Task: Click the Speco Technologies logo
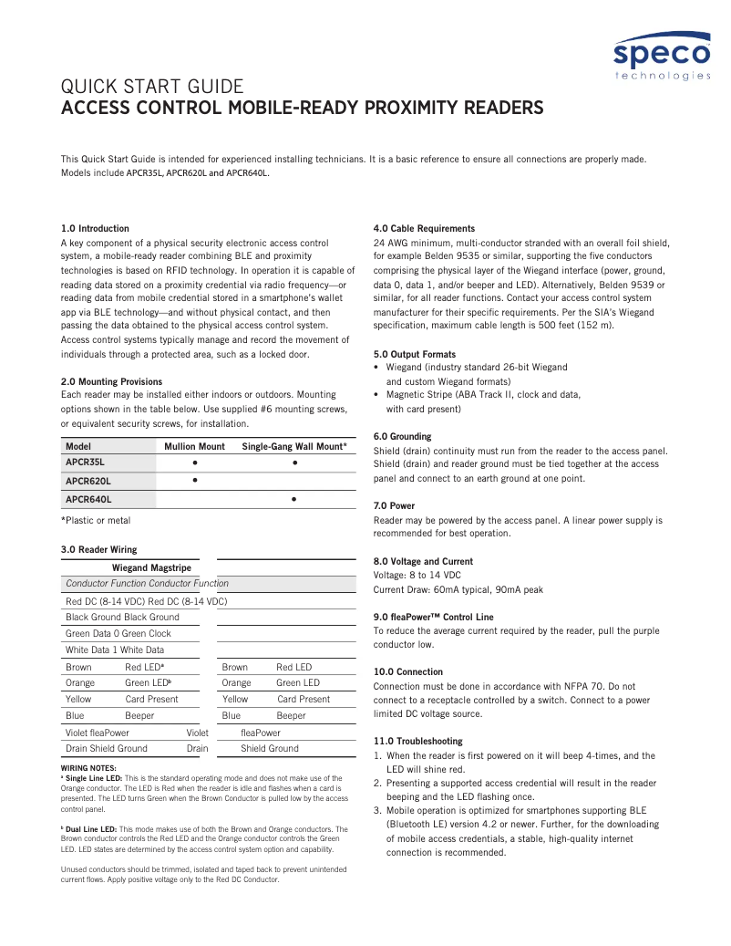(661, 57)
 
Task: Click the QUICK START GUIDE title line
(151, 87)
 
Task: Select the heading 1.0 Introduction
(95, 228)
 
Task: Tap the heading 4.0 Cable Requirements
(424, 228)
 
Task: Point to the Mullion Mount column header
(194, 446)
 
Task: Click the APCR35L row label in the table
(85, 463)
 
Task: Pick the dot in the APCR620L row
(194, 481)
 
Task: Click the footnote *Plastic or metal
(96, 520)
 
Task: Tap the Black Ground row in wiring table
(122, 617)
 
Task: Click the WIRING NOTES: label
(88, 768)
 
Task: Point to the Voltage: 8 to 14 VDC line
(417, 576)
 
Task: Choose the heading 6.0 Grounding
(403, 436)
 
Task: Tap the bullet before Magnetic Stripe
(377, 395)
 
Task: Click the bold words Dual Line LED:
(92, 829)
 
